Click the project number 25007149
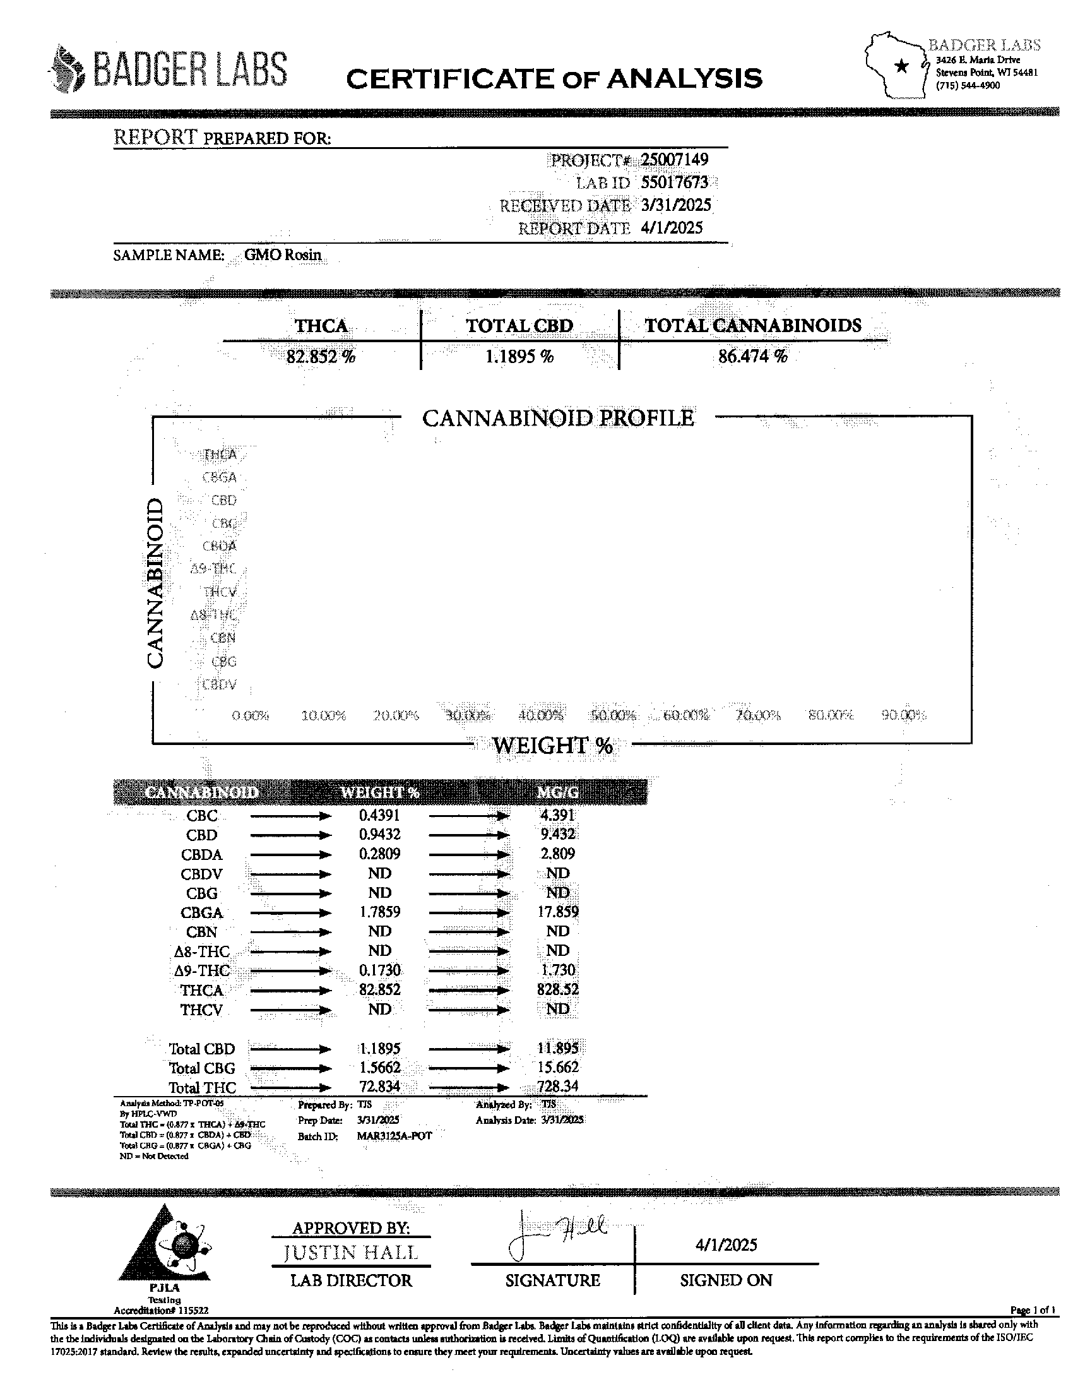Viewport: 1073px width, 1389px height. point(674,160)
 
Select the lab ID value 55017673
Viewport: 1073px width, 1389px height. point(674,182)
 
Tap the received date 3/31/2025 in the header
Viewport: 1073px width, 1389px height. point(676,205)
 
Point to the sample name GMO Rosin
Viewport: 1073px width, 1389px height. point(283,255)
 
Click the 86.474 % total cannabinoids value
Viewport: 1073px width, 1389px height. point(752,356)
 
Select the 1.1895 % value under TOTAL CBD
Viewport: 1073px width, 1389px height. point(519,356)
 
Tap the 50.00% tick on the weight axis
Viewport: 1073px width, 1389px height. point(613,715)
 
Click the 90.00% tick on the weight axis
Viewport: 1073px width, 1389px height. point(903,715)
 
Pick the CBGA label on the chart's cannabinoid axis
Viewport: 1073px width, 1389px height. point(219,477)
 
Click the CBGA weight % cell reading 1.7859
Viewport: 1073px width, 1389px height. point(379,912)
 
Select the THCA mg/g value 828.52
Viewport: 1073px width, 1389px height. point(557,989)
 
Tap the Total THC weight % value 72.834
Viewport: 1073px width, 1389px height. point(379,1087)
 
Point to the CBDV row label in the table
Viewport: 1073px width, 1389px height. point(201,874)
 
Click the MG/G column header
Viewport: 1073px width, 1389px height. point(557,792)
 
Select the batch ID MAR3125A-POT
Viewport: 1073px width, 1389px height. point(394,1136)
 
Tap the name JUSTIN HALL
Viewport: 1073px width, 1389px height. point(351,1252)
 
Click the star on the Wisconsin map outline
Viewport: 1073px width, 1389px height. point(901,66)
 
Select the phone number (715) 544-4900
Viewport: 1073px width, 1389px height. point(968,85)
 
